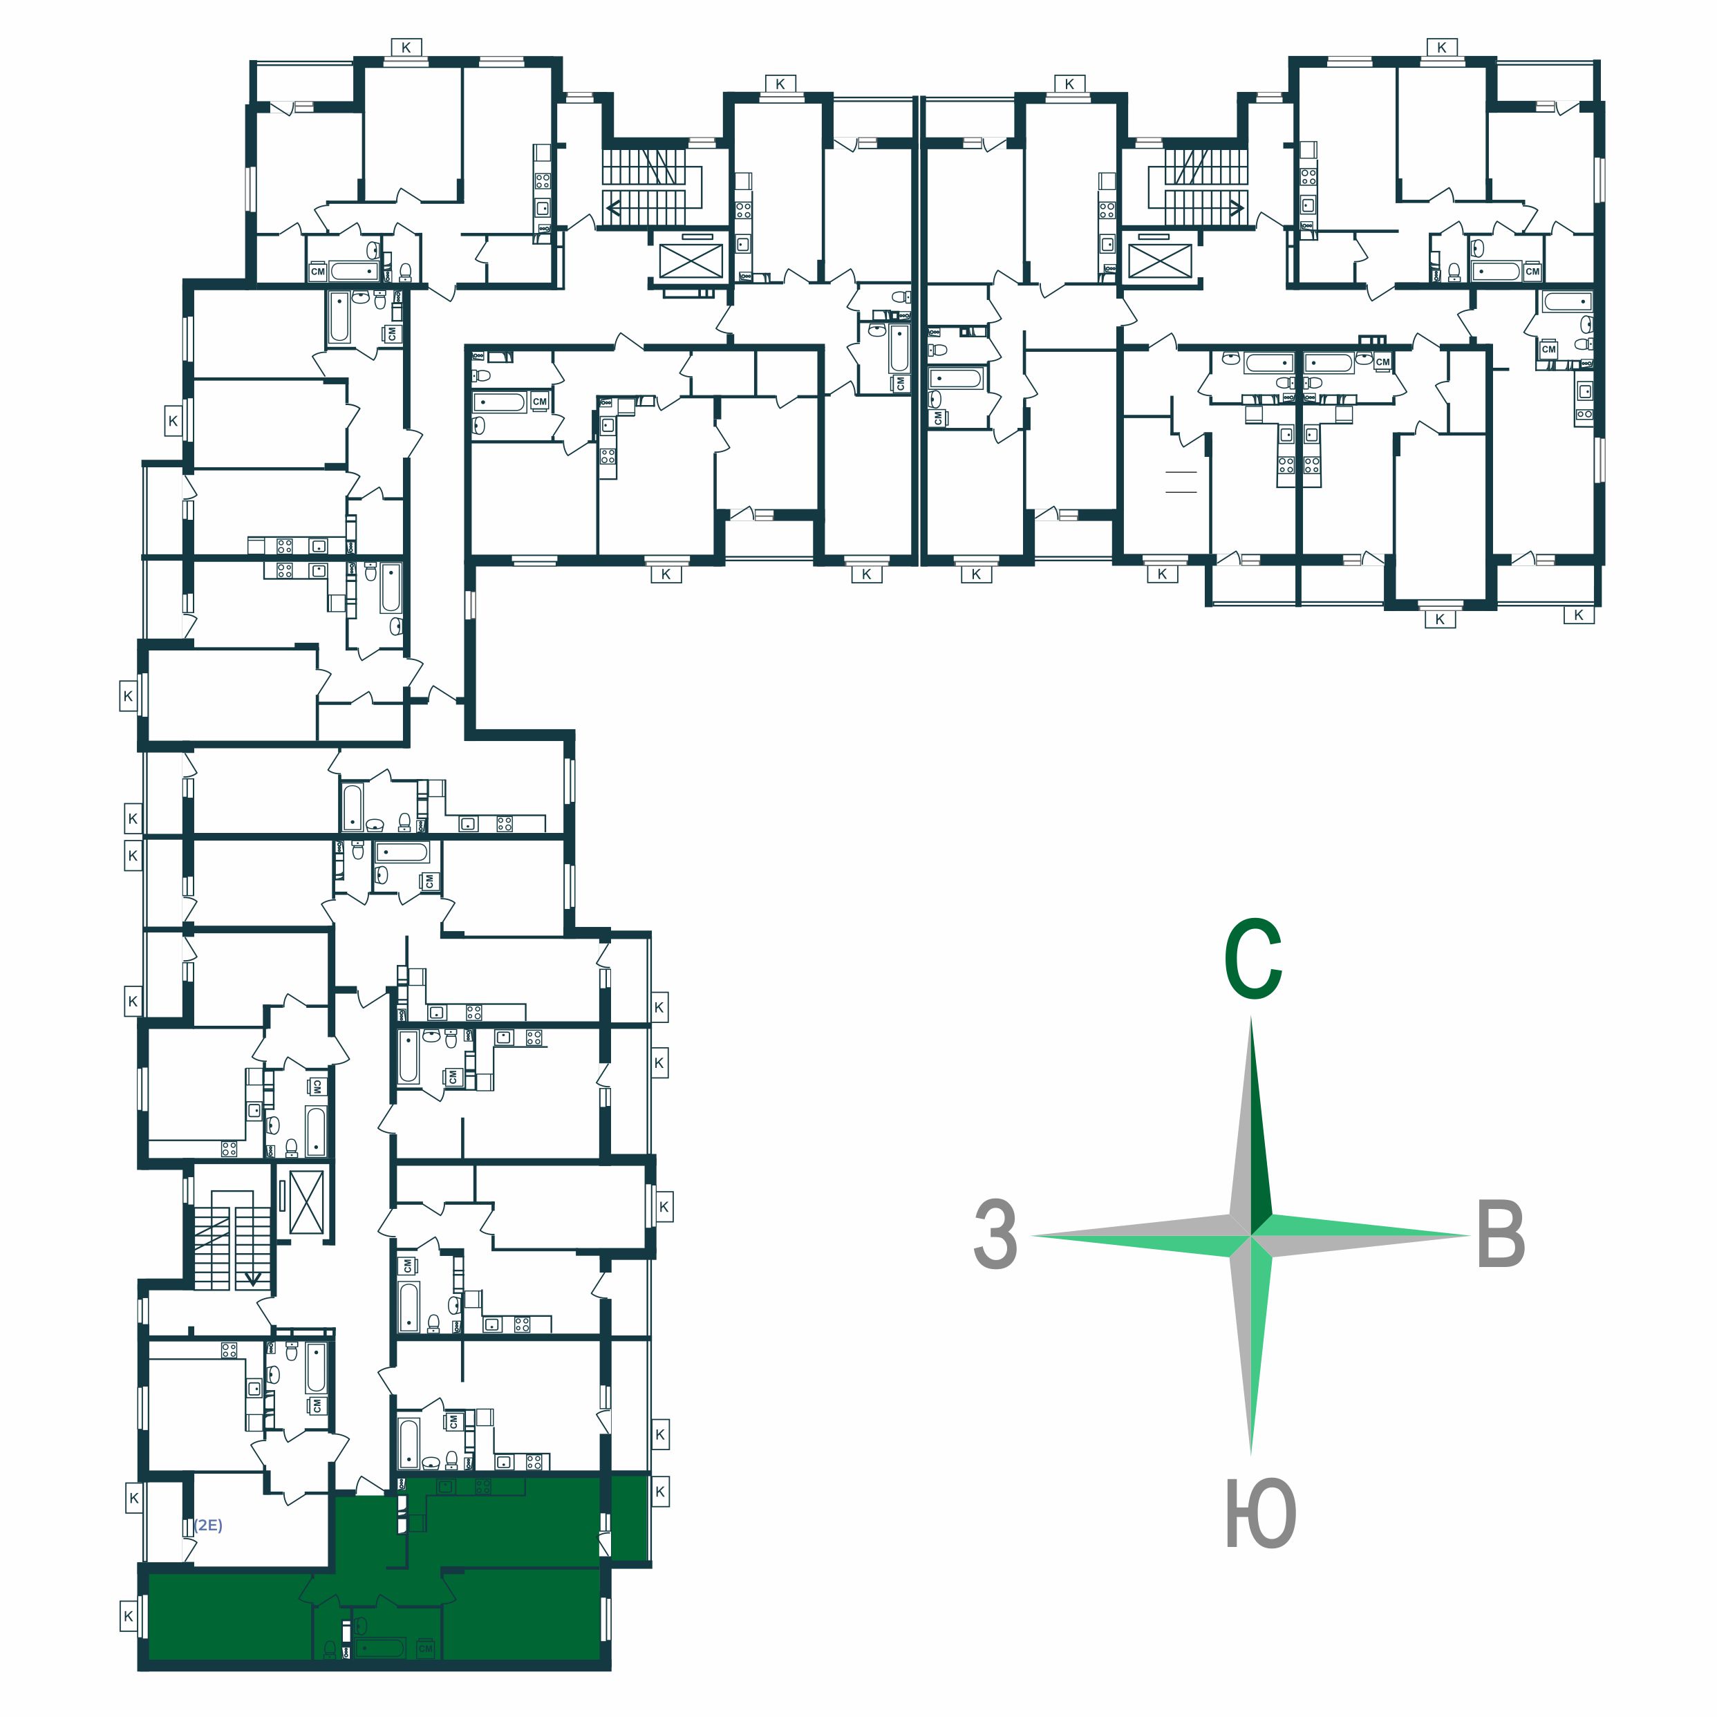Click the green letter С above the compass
[x=1252, y=961]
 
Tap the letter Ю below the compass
[x=1260, y=1514]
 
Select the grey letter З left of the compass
[x=995, y=1235]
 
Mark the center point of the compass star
[x=1251, y=1235]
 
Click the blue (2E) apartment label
[x=208, y=1525]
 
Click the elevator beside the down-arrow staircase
[x=307, y=1203]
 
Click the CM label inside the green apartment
[x=426, y=1648]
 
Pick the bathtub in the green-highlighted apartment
[x=380, y=1648]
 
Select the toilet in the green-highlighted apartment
[x=361, y=1624]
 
